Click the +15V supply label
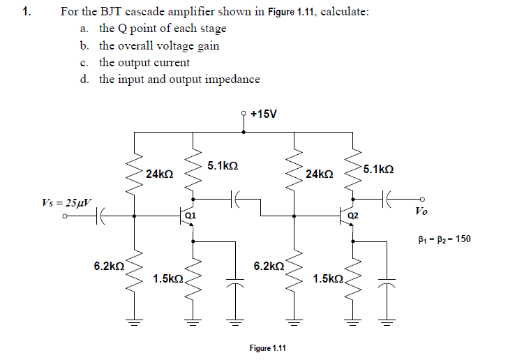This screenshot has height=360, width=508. click(x=264, y=114)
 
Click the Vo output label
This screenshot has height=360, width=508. click(x=421, y=211)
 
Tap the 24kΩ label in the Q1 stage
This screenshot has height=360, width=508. click(x=160, y=173)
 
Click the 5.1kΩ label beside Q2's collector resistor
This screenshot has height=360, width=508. click(x=378, y=170)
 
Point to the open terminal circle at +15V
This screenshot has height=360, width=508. click(x=243, y=112)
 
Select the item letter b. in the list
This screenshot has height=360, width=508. click(x=84, y=45)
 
